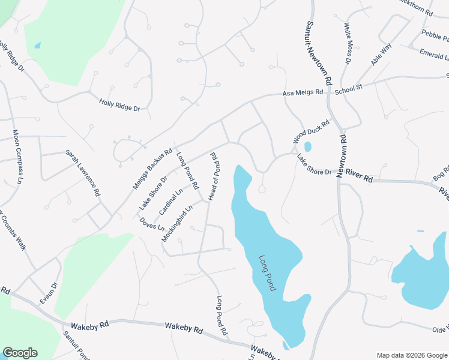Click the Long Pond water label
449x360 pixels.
pos(267,274)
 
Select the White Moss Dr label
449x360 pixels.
pos(348,43)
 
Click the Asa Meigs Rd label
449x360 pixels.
pos(303,93)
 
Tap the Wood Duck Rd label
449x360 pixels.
pos(312,132)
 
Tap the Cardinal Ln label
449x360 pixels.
pos(171,203)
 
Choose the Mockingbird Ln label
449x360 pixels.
pos(177,224)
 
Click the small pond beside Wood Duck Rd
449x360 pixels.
pos(308,146)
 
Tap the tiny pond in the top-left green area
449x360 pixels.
pos(38,45)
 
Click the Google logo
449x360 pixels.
pos(20,353)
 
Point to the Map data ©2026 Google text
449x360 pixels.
pos(412,355)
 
